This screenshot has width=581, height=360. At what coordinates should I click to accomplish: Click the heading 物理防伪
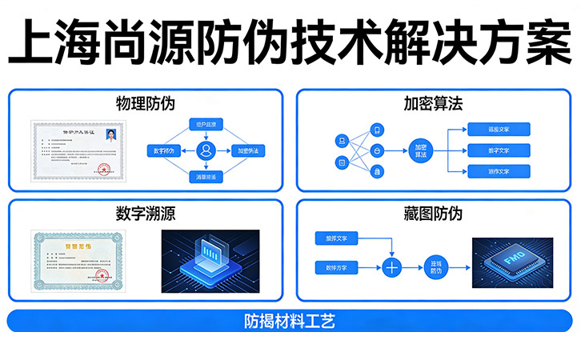[144, 104]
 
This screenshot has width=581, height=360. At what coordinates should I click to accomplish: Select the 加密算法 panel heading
[434, 104]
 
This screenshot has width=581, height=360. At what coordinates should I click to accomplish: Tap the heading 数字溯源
[144, 214]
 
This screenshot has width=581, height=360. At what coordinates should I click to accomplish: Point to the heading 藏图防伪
[434, 214]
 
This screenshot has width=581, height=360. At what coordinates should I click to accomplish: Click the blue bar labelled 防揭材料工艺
[290, 322]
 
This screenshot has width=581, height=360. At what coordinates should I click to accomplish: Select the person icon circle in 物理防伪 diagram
[207, 150]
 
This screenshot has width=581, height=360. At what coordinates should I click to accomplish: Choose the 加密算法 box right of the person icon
[246, 150]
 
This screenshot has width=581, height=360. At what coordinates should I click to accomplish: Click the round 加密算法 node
[423, 150]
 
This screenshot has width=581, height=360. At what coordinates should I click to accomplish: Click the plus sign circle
[392, 267]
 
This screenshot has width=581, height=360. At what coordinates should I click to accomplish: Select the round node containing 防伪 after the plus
[435, 267]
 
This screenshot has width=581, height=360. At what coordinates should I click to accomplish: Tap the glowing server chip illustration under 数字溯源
[210, 261]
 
